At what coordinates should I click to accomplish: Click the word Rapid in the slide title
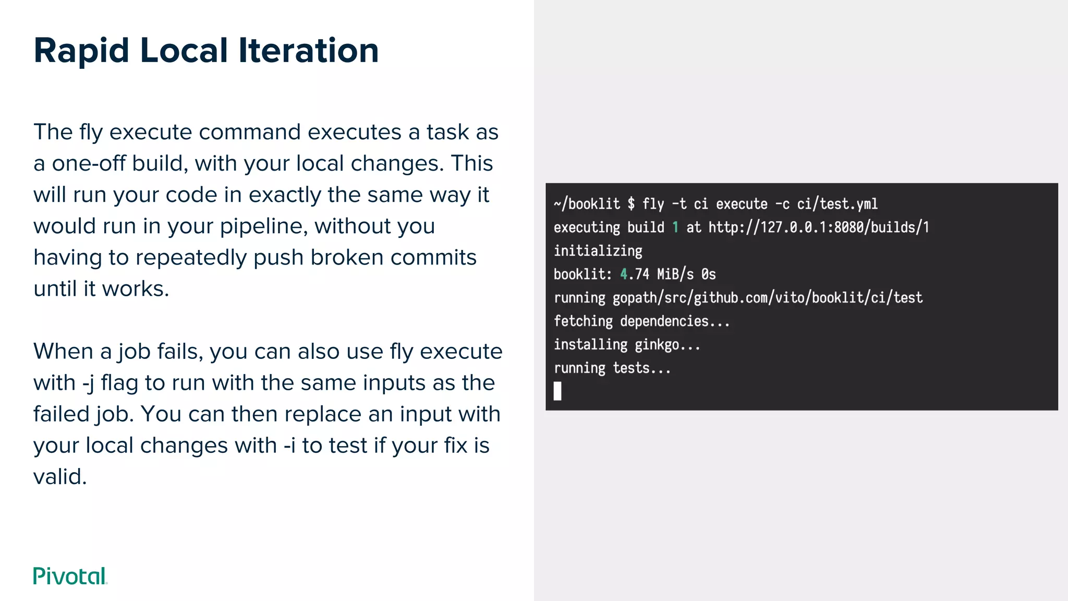81,51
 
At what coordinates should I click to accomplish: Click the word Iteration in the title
308,51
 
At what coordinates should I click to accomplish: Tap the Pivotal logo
70,576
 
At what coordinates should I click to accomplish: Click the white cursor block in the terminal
557,391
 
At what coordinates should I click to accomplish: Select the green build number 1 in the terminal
675,227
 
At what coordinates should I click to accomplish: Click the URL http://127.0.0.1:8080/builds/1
819,227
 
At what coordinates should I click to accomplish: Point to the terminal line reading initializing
598,251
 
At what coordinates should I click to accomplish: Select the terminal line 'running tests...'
612,368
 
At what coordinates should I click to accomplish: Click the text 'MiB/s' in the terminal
675,274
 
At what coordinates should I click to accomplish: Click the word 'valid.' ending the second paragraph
60,477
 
